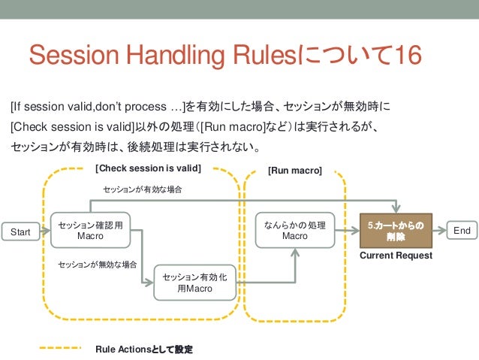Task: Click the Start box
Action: (20, 232)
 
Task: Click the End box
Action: (462, 231)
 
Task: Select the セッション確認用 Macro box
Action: (91, 230)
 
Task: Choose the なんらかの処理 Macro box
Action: (294, 230)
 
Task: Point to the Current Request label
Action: (396, 256)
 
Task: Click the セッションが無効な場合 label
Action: (98, 265)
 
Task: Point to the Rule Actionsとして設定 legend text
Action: (144, 349)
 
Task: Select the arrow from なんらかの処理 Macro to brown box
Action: (347, 231)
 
